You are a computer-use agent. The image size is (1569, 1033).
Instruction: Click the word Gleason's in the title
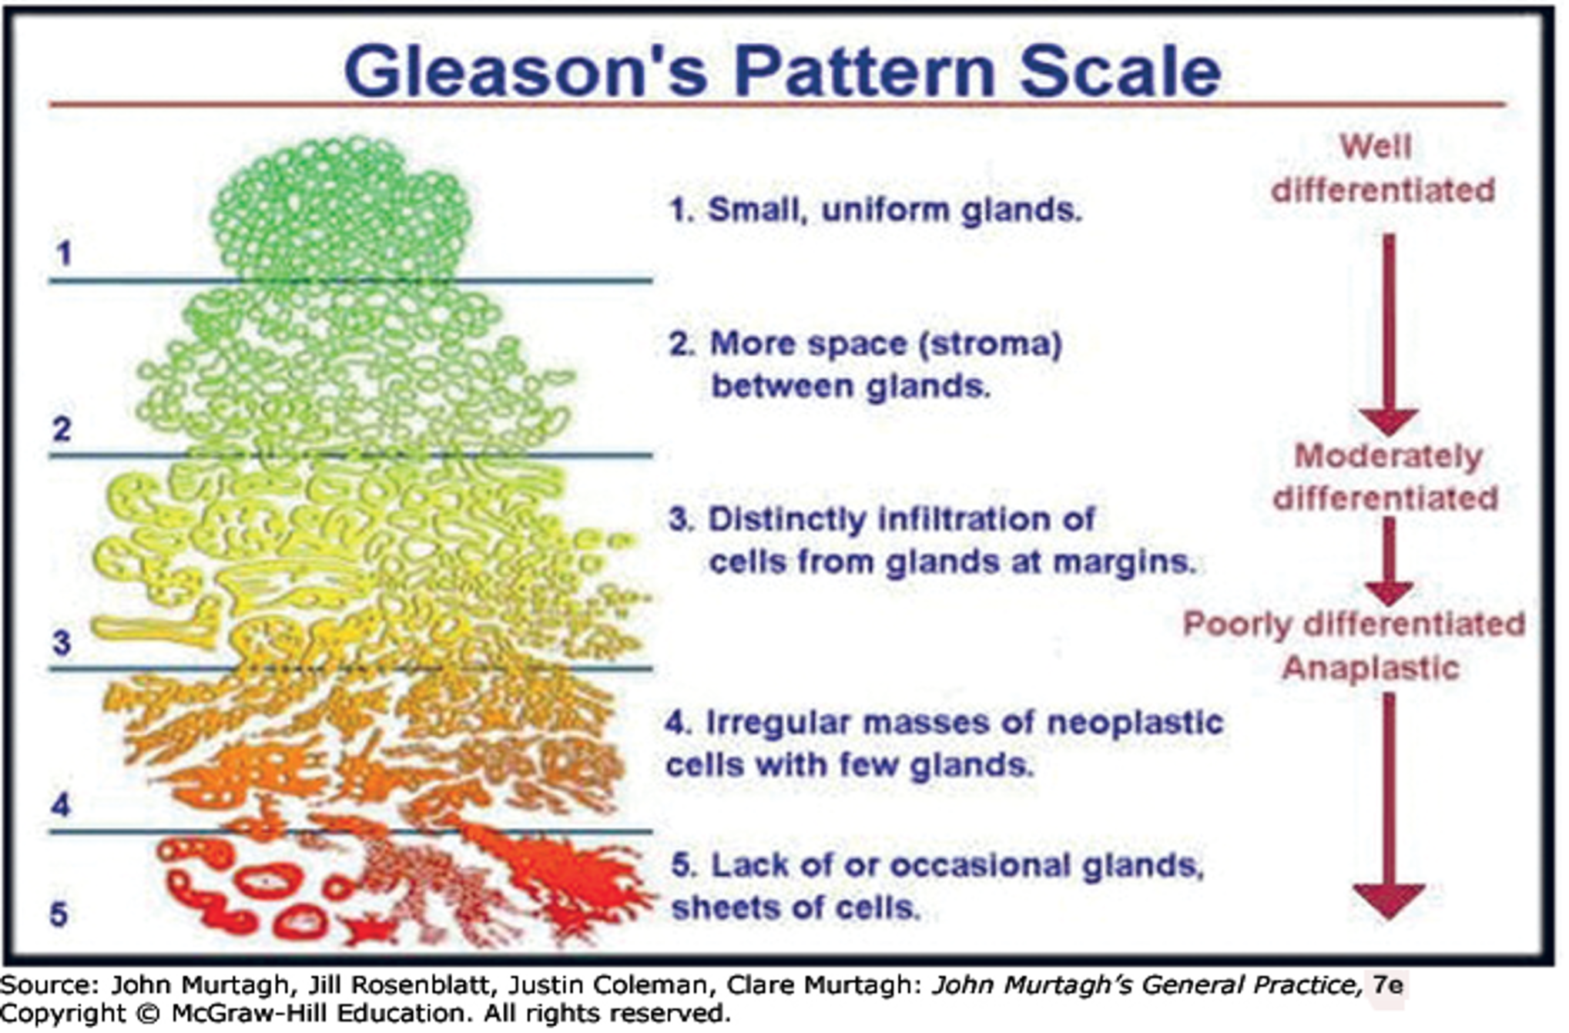point(525,71)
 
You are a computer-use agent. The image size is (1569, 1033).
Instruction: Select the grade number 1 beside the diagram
point(64,253)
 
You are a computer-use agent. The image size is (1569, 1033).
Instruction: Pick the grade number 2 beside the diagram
point(62,428)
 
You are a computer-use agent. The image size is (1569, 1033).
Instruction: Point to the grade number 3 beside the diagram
point(62,641)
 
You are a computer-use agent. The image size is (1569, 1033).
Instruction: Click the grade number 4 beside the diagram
point(61,805)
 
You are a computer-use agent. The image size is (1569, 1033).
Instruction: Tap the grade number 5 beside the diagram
point(59,914)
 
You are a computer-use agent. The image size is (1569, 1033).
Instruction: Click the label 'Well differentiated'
point(1382,169)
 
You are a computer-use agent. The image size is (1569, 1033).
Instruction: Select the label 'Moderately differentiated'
point(1386,477)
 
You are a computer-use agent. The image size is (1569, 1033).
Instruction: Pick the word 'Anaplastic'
point(1370,667)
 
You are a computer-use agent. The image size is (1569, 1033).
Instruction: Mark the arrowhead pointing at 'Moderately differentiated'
point(1388,421)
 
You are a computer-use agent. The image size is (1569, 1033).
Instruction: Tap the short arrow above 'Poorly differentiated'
point(1388,561)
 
